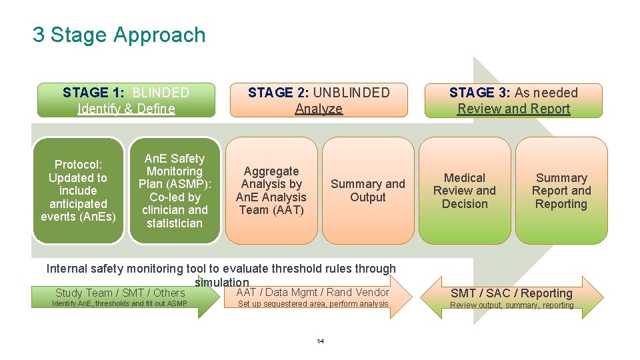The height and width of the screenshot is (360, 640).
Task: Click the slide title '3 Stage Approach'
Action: pyautogui.click(x=119, y=35)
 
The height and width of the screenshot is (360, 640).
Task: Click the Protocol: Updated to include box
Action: pyautogui.click(x=78, y=190)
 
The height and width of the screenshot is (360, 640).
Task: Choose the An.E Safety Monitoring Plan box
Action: pyautogui.click(x=174, y=190)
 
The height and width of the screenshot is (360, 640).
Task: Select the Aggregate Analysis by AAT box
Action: pyautogui.click(x=271, y=190)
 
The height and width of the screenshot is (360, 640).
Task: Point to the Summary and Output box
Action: pyautogui.click(x=367, y=190)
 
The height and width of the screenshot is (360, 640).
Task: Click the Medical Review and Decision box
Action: pyautogui.click(x=465, y=190)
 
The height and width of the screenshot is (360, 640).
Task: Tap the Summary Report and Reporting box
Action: pyautogui.click(x=561, y=190)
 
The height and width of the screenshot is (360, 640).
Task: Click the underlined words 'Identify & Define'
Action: pyautogui.click(x=126, y=109)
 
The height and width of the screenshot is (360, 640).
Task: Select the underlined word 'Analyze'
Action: pyautogui.click(x=319, y=109)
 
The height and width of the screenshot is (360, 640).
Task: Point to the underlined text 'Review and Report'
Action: pyautogui.click(x=513, y=109)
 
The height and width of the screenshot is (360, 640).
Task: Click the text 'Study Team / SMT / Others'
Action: pyautogui.click(x=120, y=293)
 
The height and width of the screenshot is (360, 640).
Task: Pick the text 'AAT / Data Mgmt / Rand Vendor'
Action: pyautogui.click(x=313, y=292)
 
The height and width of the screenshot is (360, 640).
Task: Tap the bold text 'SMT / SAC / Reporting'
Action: pyautogui.click(x=511, y=293)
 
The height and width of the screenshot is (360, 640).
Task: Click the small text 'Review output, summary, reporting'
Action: pyautogui.click(x=511, y=305)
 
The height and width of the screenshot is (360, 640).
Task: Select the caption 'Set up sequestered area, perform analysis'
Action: pyautogui.click(x=313, y=304)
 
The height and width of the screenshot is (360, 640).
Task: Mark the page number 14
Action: pyautogui.click(x=320, y=341)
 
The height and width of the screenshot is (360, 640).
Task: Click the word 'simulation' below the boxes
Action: pyautogui.click(x=221, y=283)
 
